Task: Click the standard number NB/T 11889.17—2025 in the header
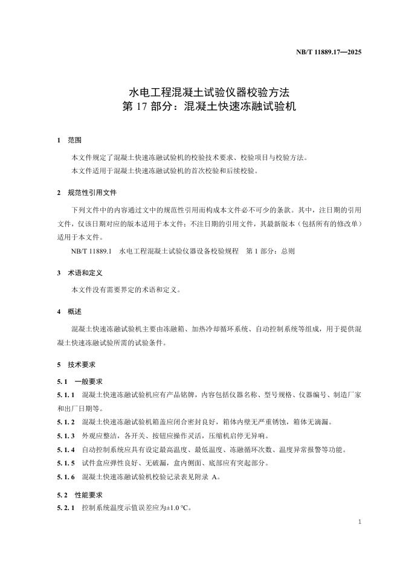tap(329, 53)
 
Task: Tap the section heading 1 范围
tap(69, 140)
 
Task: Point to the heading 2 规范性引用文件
tap(87, 193)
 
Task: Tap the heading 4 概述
tap(69, 312)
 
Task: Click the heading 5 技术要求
tap(76, 365)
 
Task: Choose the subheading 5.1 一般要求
tap(80, 381)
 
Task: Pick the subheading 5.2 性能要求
tap(80, 493)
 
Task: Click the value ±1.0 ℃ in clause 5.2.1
tap(177, 508)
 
